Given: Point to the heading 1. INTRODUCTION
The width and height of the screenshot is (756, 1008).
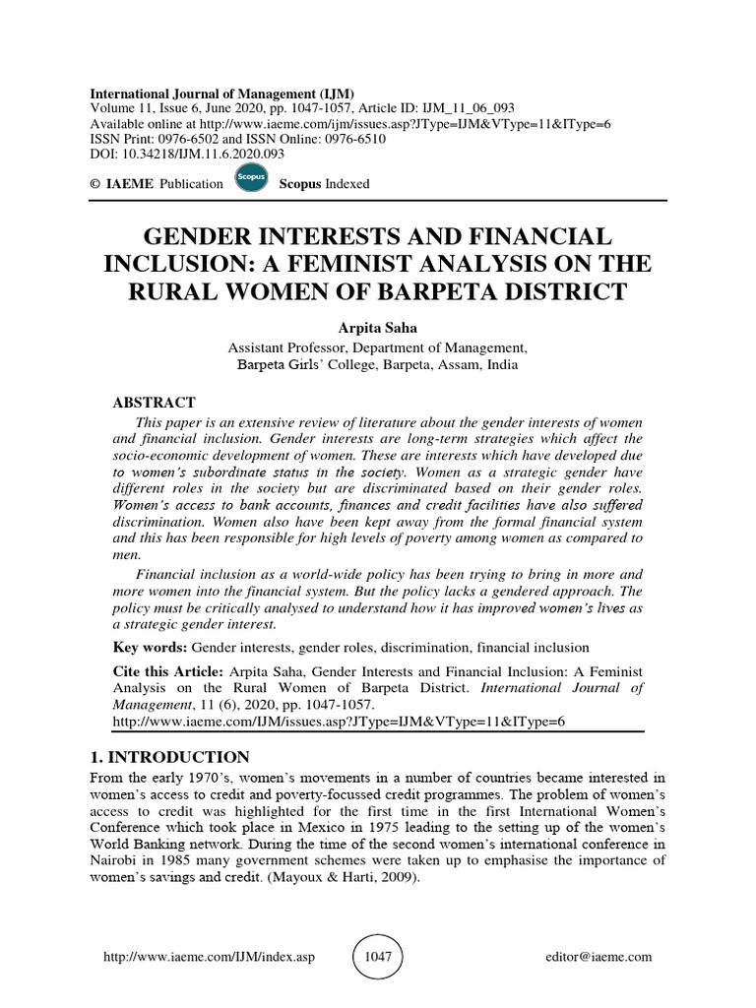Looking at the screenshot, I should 166,757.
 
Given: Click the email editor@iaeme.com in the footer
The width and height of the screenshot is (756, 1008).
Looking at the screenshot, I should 598,957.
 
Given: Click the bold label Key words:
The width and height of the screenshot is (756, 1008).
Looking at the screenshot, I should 150,647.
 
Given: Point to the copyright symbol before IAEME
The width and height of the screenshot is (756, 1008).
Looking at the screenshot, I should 94,183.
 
